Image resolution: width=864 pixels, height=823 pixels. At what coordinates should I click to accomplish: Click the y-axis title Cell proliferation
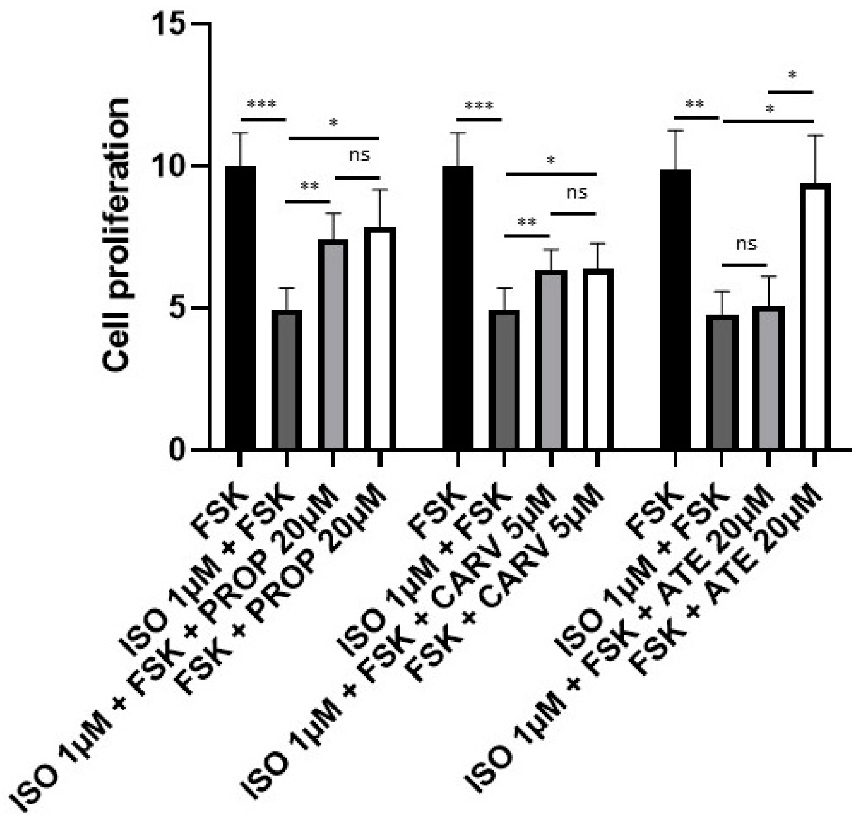[x=116, y=235]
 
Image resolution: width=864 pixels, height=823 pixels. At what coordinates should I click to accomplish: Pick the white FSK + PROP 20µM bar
[x=380, y=339]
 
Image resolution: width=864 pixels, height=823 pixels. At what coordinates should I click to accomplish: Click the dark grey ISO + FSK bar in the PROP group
[x=287, y=380]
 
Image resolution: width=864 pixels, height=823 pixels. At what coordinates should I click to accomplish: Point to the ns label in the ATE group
[x=746, y=244]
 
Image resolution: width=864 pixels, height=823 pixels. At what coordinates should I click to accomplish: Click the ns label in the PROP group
[x=359, y=155]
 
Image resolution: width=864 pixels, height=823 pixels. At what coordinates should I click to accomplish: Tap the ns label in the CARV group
[x=576, y=193]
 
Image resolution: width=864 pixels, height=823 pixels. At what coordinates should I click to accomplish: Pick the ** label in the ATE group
[x=695, y=104]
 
